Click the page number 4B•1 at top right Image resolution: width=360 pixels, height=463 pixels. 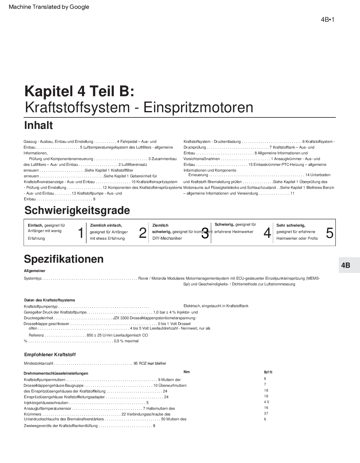[x=327, y=20]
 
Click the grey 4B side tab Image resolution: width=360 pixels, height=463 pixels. [x=346, y=265]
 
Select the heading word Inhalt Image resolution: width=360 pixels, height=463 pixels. [x=38, y=125]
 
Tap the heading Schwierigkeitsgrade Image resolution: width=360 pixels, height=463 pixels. [x=77, y=210]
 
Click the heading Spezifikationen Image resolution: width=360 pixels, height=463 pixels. [x=64, y=259]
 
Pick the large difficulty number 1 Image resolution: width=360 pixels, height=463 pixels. [x=80, y=233]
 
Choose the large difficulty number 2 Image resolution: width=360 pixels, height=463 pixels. [x=142, y=233]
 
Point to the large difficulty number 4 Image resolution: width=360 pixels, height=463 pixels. [x=267, y=233]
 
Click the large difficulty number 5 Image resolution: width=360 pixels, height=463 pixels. [x=330, y=233]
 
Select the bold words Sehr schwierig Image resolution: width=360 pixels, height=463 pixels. [x=290, y=225]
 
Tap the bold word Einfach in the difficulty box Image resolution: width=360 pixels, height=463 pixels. [x=35, y=225]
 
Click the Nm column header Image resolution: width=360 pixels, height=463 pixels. [x=187, y=372]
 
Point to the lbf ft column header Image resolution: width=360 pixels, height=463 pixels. [x=268, y=372]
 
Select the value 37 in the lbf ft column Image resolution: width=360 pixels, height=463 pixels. [x=266, y=413]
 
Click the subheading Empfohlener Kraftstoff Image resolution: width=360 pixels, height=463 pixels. [x=50, y=355]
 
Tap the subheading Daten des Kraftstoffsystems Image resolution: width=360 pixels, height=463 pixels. [x=50, y=300]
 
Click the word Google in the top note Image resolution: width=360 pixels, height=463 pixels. [x=79, y=7]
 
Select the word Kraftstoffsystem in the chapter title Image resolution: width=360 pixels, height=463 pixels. [x=78, y=107]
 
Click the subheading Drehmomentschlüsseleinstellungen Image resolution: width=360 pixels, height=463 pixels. [x=56, y=373]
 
